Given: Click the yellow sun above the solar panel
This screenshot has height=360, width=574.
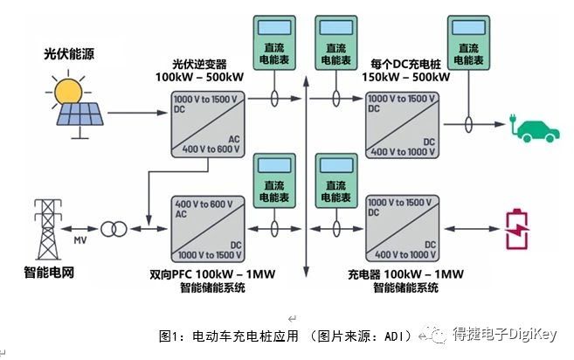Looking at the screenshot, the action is tap(68, 91).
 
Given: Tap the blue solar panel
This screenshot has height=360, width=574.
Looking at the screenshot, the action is tap(80, 114).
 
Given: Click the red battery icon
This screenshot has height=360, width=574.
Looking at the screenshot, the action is tap(516, 229).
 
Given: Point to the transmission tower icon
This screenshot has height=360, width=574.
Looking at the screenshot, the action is tap(48, 229).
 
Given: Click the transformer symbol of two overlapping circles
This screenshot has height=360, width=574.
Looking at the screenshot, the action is tap(114, 229).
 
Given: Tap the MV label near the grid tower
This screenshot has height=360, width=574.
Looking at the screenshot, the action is tap(80, 240).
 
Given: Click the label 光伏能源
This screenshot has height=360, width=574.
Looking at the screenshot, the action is tap(69, 54).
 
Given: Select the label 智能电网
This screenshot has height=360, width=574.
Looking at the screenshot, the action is tap(49, 273).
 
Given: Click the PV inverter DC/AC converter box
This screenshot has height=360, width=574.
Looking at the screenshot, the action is tap(208, 125).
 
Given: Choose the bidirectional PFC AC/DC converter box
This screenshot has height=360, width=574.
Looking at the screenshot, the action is tap(208, 229).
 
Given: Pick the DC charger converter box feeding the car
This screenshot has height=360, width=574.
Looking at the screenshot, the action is tap(402, 125).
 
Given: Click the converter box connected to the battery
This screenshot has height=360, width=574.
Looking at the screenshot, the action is tap(402, 229).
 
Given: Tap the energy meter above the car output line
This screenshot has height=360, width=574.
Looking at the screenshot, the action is tap(468, 43).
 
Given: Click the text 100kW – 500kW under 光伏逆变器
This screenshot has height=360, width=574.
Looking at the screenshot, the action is tap(199, 77).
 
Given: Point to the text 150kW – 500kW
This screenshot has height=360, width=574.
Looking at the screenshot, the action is tap(406, 77).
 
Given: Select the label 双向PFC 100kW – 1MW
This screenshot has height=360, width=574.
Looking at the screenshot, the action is tap(212, 274).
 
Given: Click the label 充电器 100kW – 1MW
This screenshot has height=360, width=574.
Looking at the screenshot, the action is tap(405, 274).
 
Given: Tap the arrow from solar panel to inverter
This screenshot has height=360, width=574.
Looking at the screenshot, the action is tap(137, 113).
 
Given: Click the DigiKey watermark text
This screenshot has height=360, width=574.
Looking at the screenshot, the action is tap(504, 334).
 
